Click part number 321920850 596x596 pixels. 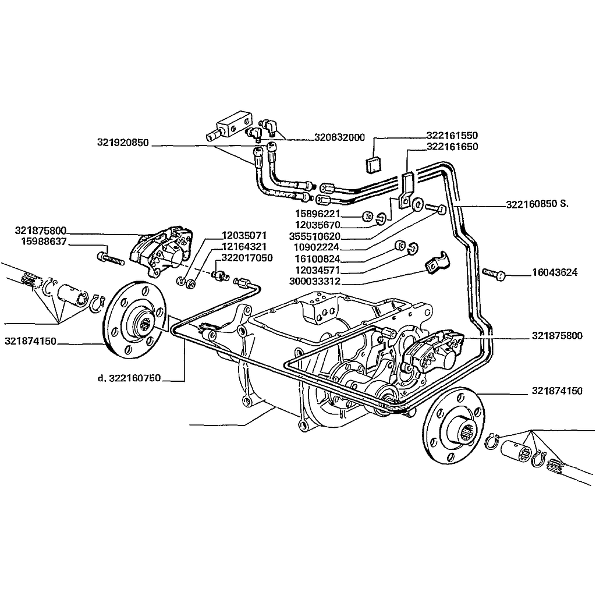pyautogui.click(x=123, y=141)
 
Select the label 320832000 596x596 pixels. pyautogui.click(x=339, y=138)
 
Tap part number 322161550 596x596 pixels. pyautogui.click(x=452, y=136)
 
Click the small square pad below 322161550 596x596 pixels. pyautogui.click(x=373, y=165)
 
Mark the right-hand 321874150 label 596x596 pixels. pyautogui.click(x=556, y=391)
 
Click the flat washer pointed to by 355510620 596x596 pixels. pyautogui.click(x=417, y=205)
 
